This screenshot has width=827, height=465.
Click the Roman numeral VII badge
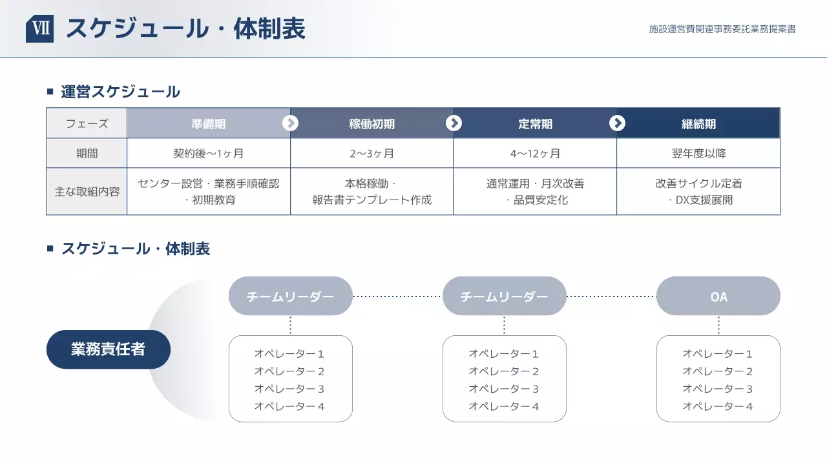[x=39, y=29]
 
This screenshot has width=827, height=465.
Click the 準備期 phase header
[x=209, y=123]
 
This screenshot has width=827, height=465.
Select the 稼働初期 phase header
[x=372, y=123]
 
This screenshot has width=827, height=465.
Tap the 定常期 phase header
[x=535, y=123]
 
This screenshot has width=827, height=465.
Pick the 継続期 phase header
[x=698, y=123]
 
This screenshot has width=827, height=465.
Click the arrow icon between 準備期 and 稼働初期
[x=291, y=123]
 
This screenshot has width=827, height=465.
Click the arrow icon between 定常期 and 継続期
[x=617, y=123]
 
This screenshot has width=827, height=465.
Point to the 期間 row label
[x=87, y=154]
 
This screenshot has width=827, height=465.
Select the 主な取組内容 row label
[x=87, y=192]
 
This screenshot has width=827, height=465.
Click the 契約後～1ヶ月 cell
[x=209, y=154]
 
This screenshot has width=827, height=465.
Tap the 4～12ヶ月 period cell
[x=535, y=154]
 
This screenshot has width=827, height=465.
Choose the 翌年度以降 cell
[x=698, y=154]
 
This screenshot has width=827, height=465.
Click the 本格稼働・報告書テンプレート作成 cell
[x=372, y=192]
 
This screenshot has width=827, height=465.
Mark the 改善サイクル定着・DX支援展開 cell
[x=698, y=192]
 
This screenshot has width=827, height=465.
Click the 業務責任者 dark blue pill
[x=109, y=349]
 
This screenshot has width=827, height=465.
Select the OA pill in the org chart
[x=718, y=296]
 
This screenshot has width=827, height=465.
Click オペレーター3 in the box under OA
[x=718, y=389]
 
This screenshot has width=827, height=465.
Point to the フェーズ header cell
[x=87, y=123]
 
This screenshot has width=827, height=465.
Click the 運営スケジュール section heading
[x=120, y=92]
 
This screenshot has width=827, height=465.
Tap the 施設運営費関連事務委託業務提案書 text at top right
[x=722, y=29]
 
